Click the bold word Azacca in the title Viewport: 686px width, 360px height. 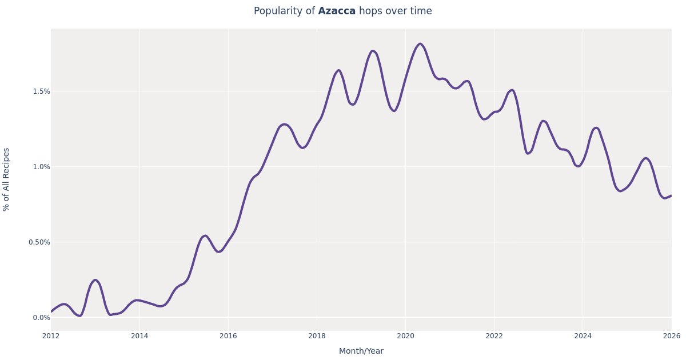point(337,11)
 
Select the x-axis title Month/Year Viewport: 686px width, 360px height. point(361,351)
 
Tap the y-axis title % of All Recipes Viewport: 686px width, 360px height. point(6,179)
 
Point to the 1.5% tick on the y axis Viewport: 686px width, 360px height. point(41,91)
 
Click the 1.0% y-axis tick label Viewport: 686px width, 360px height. point(41,167)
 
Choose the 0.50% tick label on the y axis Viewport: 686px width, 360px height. point(39,242)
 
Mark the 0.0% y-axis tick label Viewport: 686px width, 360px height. point(41,318)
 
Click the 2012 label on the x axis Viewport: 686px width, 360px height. point(51,336)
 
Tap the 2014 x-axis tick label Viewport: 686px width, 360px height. point(139,336)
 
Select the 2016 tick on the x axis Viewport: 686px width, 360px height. point(228,336)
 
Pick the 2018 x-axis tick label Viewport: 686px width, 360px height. point(317,336)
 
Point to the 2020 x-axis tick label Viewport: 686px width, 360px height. point(405,336)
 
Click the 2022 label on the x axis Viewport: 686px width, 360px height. point(494,336)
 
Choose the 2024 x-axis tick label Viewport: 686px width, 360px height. point(583,336)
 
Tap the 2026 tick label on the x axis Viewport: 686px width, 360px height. point(671,336)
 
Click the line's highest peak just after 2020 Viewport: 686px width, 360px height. point(420,44)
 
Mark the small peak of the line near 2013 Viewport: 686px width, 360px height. point(95,280)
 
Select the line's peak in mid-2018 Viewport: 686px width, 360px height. point(338,70)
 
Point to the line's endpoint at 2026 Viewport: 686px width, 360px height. point(671,195)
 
